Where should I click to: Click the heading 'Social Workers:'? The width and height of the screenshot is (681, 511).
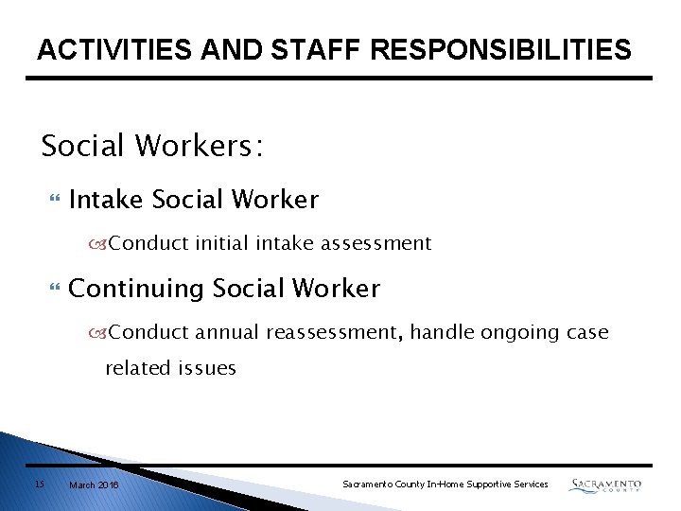tap(152, 146)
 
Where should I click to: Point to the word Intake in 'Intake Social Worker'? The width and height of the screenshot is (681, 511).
tap(106, 200)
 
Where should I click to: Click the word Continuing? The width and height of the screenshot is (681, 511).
tap(137, 289)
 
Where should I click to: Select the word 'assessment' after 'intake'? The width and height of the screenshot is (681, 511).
tap(375, 243)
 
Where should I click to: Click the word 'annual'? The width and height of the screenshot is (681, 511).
tap(227, 332)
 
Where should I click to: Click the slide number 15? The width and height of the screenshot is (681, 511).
tap(39, 485)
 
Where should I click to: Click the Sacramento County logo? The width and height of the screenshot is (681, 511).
tap(605, 485)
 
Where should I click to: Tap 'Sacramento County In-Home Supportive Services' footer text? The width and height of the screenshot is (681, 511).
tap(445, 485)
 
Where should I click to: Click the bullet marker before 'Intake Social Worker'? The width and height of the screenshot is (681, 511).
tap(53, 200)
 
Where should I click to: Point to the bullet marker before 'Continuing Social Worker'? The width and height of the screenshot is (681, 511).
tap(53, 289)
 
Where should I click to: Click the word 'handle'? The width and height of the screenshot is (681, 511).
tap(443, 332)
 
